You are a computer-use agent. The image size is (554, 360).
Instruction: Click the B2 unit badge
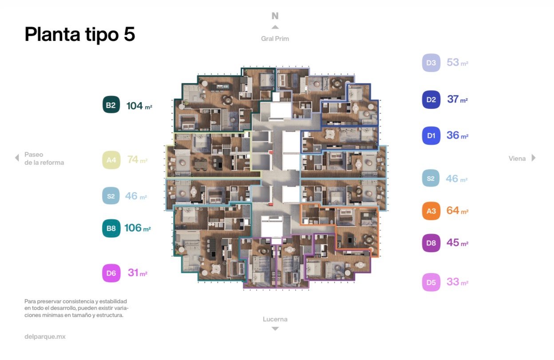[x=111, y=105]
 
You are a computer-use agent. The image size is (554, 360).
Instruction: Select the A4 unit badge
[x=111, y=160]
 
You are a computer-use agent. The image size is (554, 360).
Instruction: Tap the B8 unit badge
[x=111, y=228]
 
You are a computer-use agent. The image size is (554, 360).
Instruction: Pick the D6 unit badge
[x=111, y=273]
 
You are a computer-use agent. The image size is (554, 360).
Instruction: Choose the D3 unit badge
[x=431, y=63]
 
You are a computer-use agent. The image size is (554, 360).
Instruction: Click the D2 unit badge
[x=431, y=99]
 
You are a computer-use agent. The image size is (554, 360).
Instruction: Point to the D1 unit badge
[x=431, y=135]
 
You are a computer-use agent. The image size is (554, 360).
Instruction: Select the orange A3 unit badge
[x=431, y=211]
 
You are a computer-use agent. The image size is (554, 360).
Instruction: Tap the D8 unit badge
[x=431, y=243]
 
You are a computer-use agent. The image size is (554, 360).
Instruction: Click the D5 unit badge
[x=431, y=282]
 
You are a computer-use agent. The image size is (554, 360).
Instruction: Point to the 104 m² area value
[x=139, y=106]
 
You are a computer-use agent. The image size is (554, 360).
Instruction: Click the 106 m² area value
[x=138, y=228]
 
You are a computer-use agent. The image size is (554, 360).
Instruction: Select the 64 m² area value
[x=457, y=210]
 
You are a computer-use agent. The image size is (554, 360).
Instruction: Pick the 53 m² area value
[x=457, y=62]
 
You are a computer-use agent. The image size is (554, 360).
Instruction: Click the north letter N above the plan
[x=275, y=16]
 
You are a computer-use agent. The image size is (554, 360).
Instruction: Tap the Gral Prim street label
[x=275, y=39]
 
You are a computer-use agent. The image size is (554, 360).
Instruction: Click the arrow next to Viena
[x=534, y=158]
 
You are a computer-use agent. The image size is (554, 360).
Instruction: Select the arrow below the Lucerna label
[x=275, y=328]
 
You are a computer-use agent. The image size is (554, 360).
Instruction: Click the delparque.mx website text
[x=45, y=336]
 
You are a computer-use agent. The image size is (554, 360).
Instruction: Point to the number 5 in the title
[x=129, y=34]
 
